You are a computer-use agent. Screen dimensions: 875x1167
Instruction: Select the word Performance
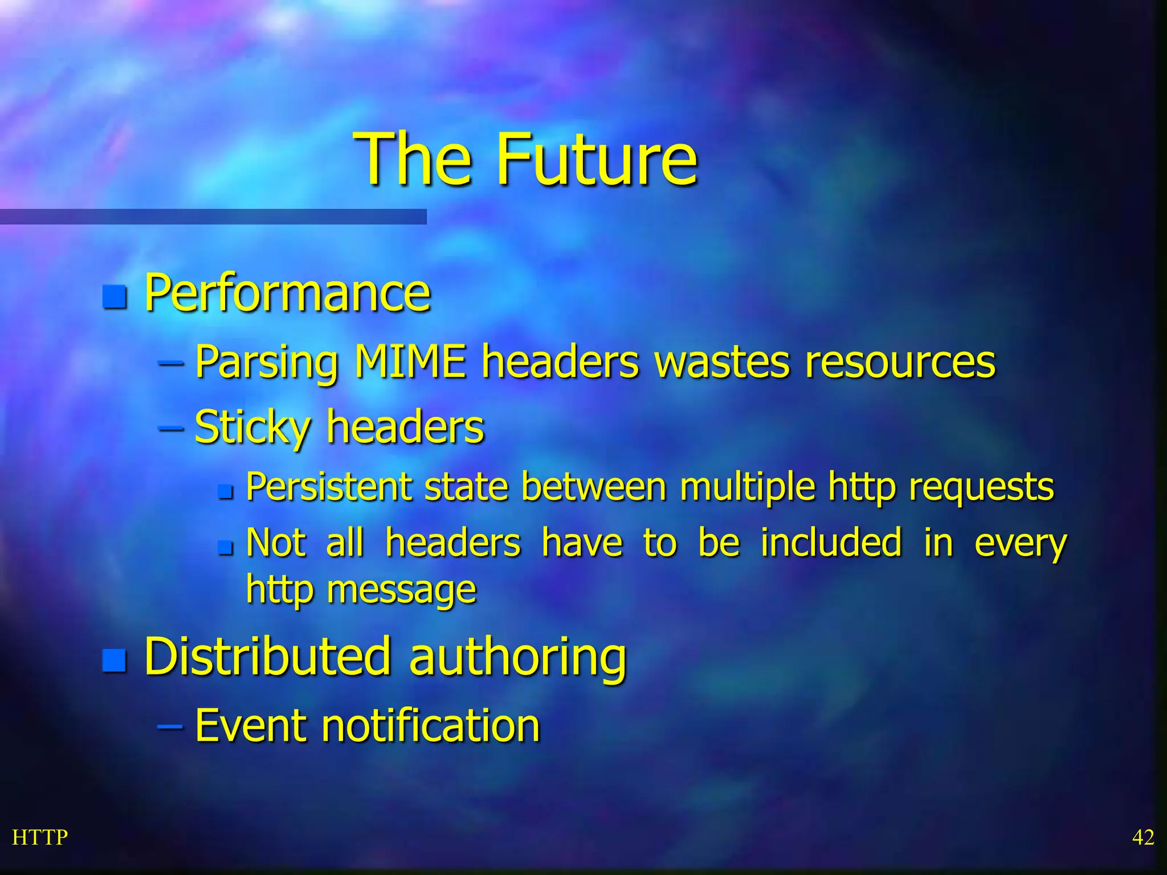pyautogui.click(x=287, y=293)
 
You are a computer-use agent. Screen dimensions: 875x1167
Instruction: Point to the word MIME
pyautogui.click(x=410, y=361)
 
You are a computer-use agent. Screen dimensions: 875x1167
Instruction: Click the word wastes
pyautogui.click(x=722, y=361)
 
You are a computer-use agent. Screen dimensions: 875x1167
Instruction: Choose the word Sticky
pyautogui.click(x=252, y=427)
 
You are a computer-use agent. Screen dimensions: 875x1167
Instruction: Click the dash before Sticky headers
pyautogui.click(x=170, y=427)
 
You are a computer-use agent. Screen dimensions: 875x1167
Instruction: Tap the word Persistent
pyautogui.click(x=329, y=487)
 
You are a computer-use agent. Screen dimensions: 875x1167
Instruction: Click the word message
pyautogui.click(x=401, y=590)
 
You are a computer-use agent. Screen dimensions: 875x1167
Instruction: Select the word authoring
pyautogui.click(x=517, y=658)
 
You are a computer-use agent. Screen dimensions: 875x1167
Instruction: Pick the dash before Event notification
pyautogui.click(x=170, y=726)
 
